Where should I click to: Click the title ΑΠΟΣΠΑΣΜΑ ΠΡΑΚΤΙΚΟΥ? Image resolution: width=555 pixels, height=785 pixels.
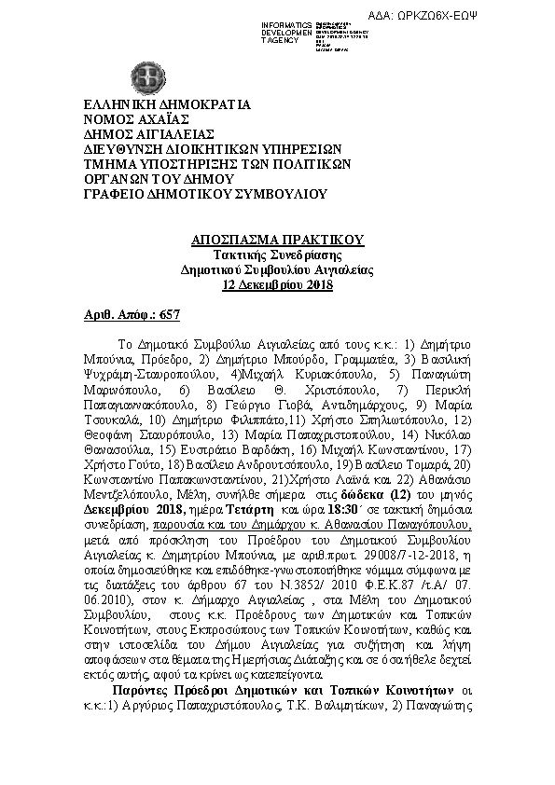pos(277,241)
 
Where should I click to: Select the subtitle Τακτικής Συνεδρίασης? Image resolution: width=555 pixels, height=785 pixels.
pos(277,255)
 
